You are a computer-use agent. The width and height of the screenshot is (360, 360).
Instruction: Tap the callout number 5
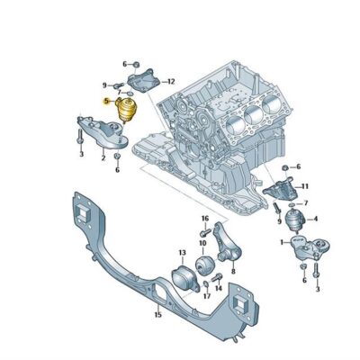pos(105,103)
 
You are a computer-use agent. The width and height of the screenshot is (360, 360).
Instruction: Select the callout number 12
pos(171,81)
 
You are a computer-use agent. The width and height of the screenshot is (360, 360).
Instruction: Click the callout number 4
pos(314,217)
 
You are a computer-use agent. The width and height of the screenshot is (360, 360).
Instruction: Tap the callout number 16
pos(205,219)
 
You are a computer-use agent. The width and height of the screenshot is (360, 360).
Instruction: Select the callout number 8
pos(233,270)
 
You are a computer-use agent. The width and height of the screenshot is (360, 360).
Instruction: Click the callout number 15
pos(157,315)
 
